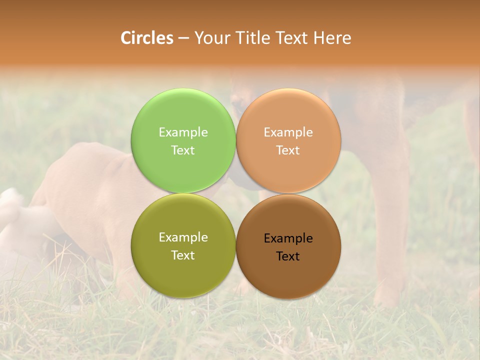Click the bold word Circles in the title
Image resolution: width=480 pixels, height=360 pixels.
147,38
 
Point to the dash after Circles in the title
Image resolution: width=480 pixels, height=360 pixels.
183,38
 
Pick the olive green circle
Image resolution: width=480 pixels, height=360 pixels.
183,275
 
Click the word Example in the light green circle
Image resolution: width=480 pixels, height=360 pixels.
183,132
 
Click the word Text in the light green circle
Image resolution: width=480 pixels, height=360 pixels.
183,150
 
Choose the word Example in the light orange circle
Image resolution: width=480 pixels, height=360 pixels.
288,132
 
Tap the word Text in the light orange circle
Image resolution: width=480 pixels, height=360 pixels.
288,150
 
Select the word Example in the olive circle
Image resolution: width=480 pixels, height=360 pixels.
183,237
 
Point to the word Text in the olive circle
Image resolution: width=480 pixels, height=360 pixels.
183,255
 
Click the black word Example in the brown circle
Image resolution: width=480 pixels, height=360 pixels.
288,238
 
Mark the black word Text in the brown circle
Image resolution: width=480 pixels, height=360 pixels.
288,256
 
